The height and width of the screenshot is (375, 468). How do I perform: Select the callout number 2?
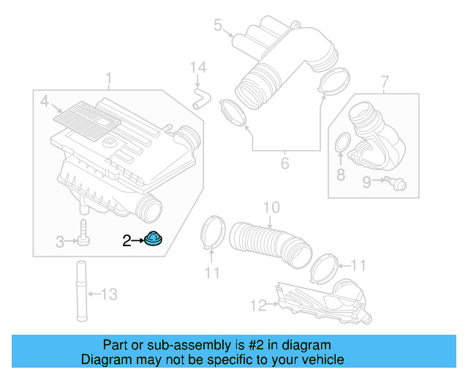tap(127, 240)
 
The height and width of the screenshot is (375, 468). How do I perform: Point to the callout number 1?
tap(109, 78)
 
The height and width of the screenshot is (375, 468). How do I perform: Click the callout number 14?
tap(194, 68)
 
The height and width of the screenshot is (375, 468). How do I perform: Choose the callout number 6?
tap(285, 163)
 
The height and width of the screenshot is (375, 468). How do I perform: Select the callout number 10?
tap(271, 208)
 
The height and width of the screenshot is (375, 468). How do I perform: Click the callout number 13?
tap(108, 294)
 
